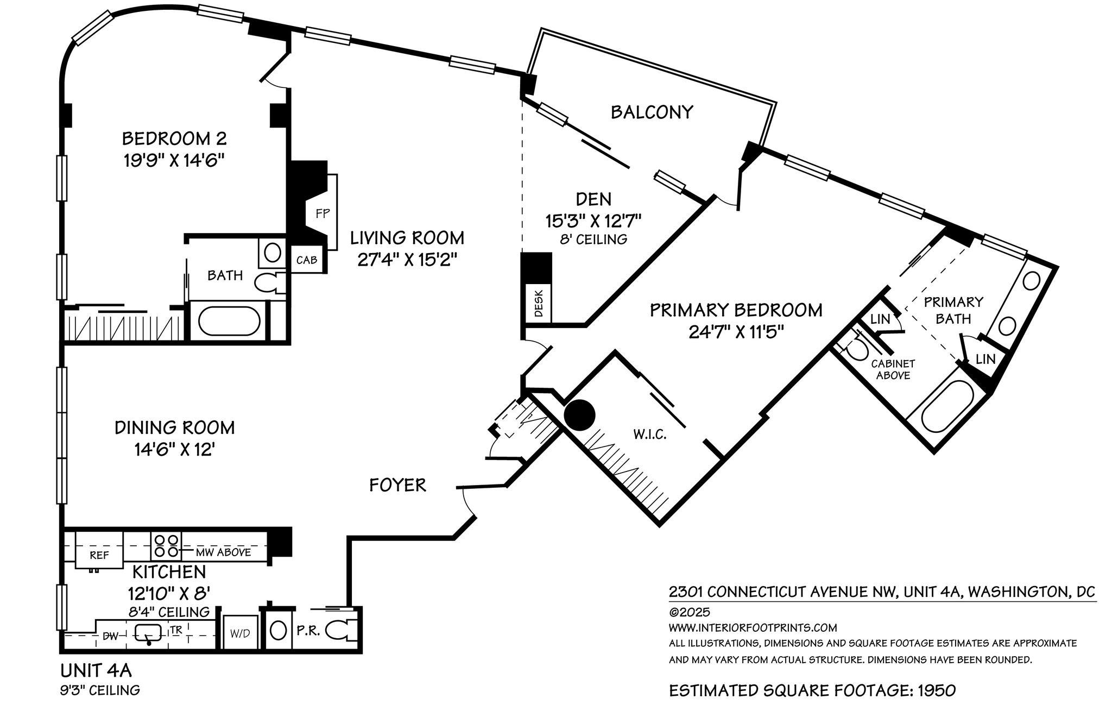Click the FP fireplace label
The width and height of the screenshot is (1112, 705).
[323, 213]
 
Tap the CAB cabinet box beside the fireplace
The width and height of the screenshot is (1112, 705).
[307, 260]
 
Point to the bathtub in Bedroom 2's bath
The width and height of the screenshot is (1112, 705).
[229, 322]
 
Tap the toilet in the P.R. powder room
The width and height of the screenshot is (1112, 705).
[342, 631]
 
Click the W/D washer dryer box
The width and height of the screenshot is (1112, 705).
[239, 633]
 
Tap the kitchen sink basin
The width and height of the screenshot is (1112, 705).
[148, 632]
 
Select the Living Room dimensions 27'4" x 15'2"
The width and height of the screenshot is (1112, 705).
[405, 260]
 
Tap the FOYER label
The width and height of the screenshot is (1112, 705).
[397, 484]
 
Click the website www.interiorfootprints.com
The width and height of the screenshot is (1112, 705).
[753, 628]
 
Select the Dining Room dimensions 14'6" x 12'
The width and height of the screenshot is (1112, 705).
[174, 450]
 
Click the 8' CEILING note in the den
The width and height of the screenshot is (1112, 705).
[593, 239]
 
